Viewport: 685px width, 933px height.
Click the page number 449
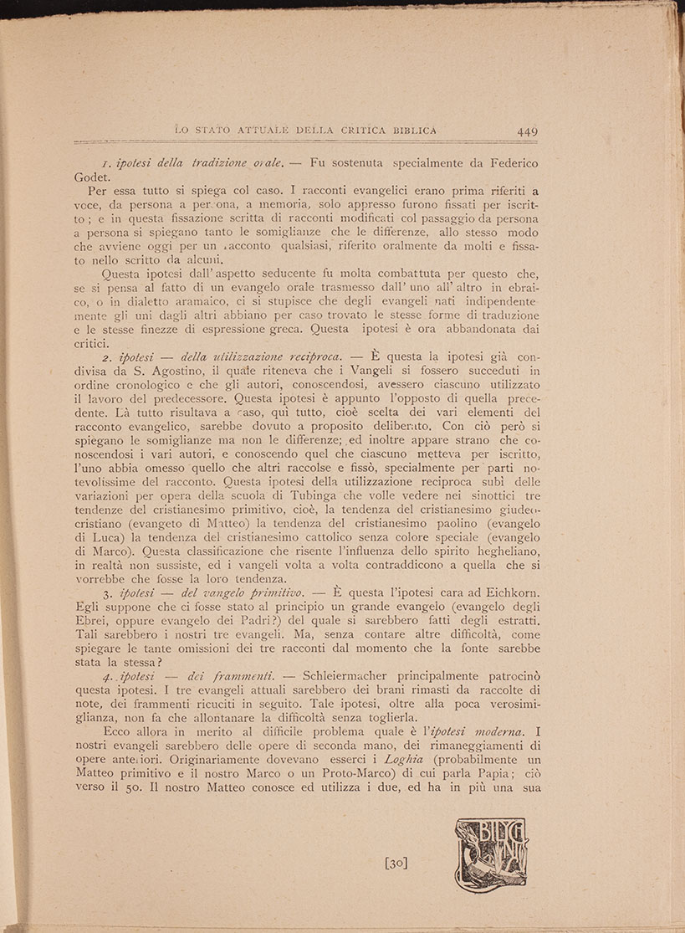[527, 131]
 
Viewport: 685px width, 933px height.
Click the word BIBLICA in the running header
[407, 130]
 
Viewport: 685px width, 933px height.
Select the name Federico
[509, 161]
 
